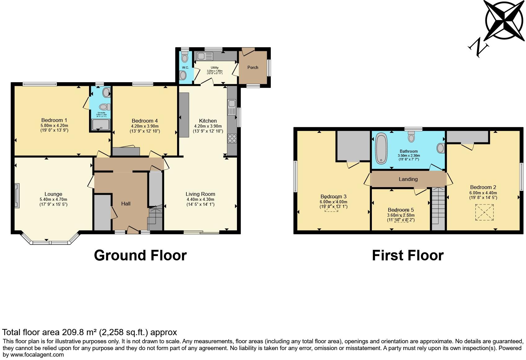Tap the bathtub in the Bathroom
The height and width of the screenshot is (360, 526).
(x=381, y=148)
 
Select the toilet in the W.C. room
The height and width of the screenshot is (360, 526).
(x=185, y=57)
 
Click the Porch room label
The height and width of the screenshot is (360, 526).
(x=253, y=67)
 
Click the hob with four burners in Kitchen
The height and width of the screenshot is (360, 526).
(x=232, y=138)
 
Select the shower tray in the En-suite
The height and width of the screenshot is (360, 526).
(x=99, y=124)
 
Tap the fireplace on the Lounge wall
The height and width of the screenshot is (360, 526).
(x=17, y=196)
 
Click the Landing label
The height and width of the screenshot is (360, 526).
(x=408, y=179)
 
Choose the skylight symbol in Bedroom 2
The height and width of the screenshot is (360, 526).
(x=484, y=212)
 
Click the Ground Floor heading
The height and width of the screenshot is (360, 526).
(x=140, y=255)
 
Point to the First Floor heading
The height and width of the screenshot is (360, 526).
(x=408, y=255)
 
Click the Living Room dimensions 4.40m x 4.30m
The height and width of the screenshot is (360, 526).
(x=200, y=199)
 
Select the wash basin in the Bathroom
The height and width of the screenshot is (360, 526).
(x=440, y=148)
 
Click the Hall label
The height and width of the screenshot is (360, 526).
(x=126, y=204)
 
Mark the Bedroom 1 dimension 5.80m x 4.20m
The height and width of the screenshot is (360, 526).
(x=54, y=125)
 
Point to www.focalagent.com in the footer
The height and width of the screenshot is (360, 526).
(x=37, y=354)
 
